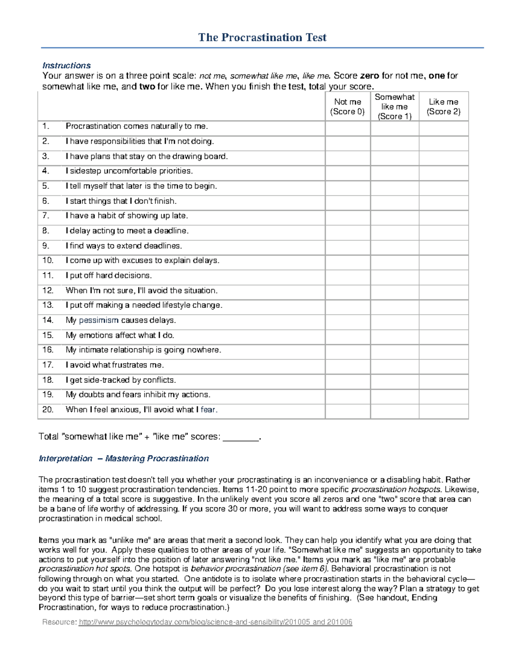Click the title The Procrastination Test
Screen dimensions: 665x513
[x=262, y=38]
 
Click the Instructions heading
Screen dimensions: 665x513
[x=66, y=66]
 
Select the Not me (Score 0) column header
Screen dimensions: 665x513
[x=347, y=107]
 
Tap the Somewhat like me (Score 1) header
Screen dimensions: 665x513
[x=394, y=107]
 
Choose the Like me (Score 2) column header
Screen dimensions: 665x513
[x=443, y=107]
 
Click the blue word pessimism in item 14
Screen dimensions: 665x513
[x=98, y=320]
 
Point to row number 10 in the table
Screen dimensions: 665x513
[x=48, y=260]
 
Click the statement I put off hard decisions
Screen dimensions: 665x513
[x=109, y=275]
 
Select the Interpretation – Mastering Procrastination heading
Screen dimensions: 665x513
[x=124, y=459]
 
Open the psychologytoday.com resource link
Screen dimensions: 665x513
[x=215, y=622]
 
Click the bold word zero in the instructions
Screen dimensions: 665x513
[x=369, y=76]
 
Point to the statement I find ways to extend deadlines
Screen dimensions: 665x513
[x=124, y=246]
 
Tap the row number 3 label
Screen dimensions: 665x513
[x=46, y=156]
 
